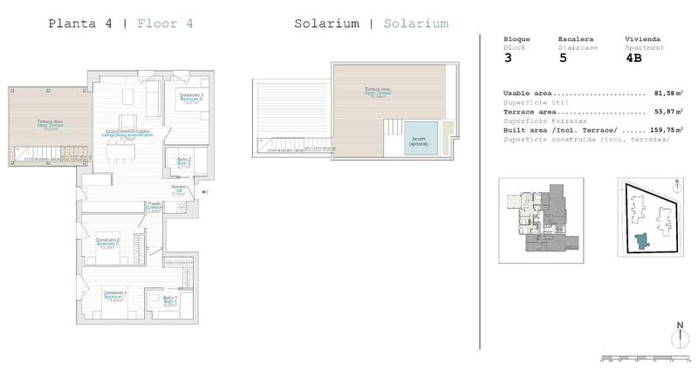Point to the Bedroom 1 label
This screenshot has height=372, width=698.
(x=114, y=295)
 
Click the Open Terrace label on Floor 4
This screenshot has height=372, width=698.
(x=50, y=124)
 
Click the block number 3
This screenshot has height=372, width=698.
(x=508, y=59)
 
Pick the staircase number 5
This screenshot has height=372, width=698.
(x=563, y=59)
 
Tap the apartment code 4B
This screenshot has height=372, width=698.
(x=634, y=59)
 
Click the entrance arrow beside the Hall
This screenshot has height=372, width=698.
(x=205, y=192)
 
